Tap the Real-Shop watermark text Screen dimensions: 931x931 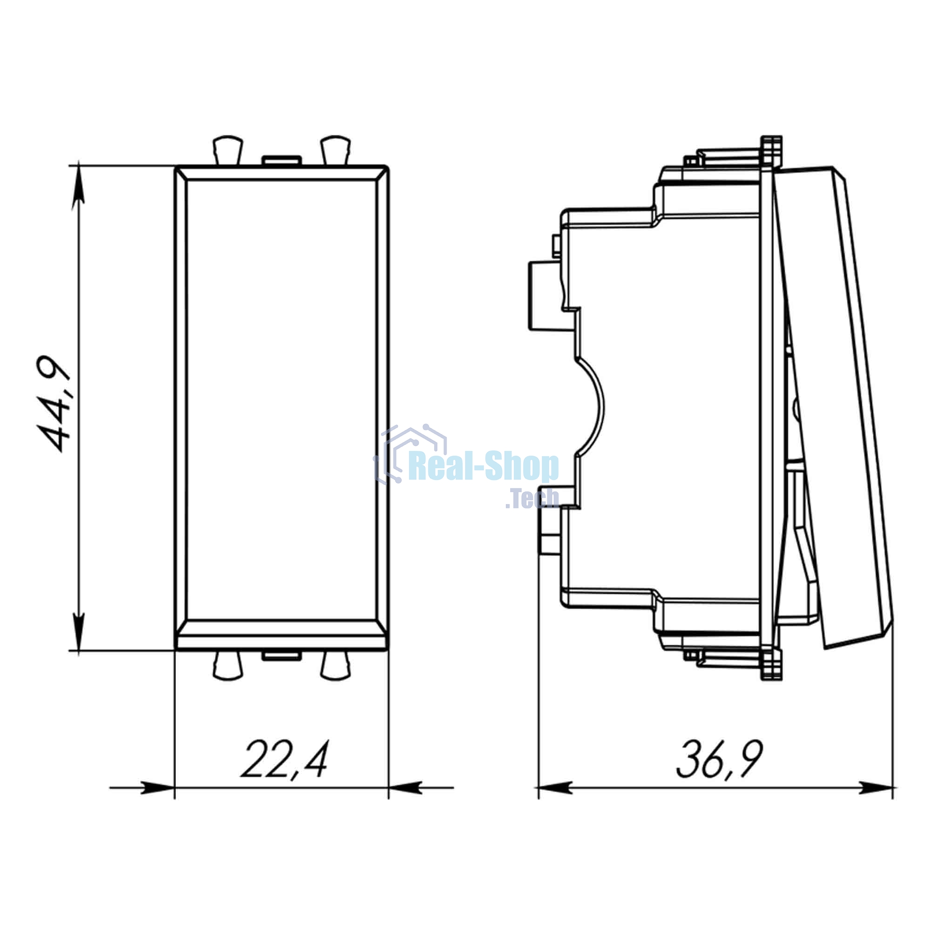point(483,467)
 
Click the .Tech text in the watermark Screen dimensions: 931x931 point(532,499)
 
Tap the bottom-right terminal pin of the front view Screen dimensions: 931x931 point(336,666)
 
